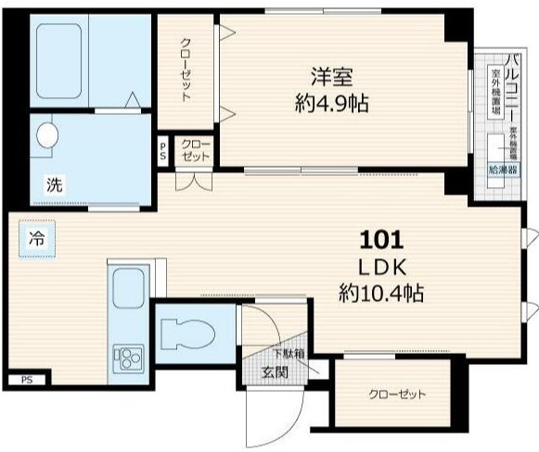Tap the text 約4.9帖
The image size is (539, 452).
tap(331, 102)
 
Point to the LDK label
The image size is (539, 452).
tap(381, 267)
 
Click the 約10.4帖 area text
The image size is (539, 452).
tap(381, 294)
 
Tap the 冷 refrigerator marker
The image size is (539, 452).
tap(35, 237)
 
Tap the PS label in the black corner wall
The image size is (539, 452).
tap(27, 379)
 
